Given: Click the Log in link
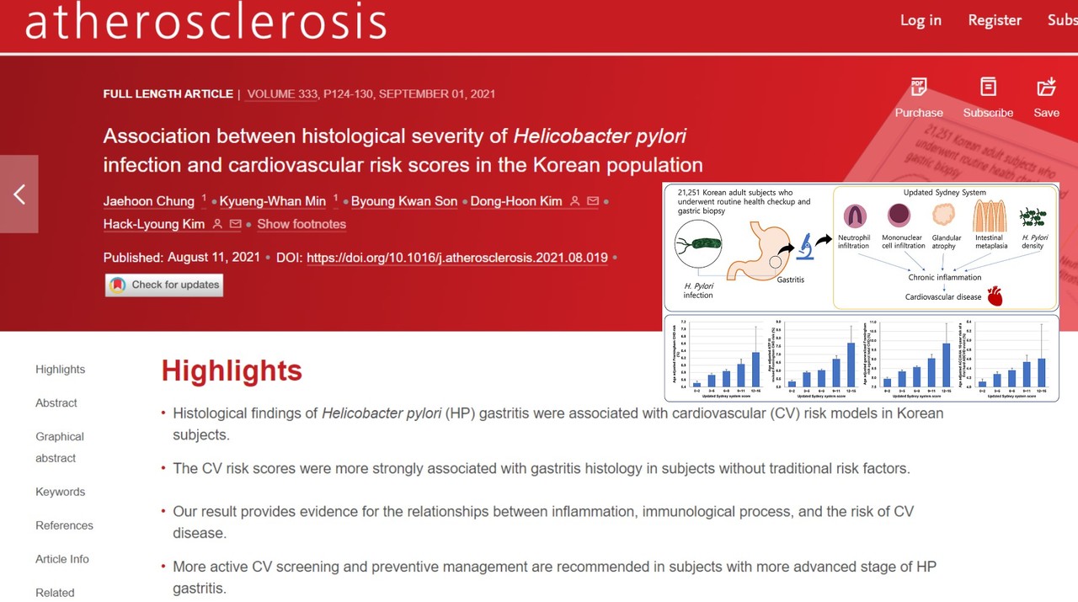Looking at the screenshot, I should (x=921, y=20).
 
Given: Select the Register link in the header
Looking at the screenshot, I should (x=995, y=20).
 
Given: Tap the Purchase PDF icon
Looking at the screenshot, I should (x=919, y=87).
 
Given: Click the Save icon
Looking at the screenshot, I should (x=1046, y=87).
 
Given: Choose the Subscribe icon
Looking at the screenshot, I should (x=988, y=87).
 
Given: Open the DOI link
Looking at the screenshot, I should (x=456, y=258).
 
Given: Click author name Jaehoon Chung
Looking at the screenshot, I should (x=149, y=201).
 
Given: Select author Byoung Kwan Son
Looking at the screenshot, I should (x=404, y=201).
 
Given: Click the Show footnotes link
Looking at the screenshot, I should (x=302, y=224).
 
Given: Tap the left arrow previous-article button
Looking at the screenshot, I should (x=19, y=194).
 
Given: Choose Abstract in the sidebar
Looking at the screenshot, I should (x=56, y=403).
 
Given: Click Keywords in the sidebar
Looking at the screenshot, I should (x=61, y=492).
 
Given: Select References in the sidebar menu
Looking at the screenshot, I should (x=64, y=525).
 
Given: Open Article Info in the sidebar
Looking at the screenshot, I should (x=62, y=559).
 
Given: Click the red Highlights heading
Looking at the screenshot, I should (x=232, y=370).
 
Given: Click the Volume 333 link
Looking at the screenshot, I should (x=282, y=94).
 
